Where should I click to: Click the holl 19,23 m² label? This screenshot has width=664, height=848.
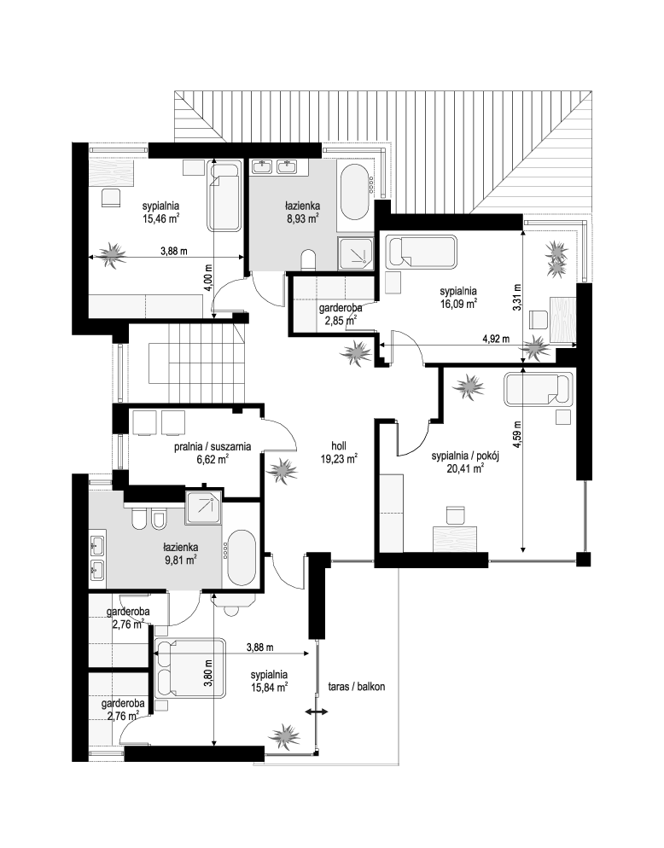(x=340, y=453)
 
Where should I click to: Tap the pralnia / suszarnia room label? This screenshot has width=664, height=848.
(x=213, y=447)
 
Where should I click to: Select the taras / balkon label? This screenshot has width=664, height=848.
(x=357, y=686)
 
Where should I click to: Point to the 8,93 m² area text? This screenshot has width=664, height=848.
(x=302, y=218)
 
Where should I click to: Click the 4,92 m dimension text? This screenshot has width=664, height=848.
(x=496, y=339)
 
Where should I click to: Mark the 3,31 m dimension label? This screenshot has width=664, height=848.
(x=517, y=297)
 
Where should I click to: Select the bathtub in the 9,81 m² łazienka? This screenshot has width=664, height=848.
(x=242, y=559)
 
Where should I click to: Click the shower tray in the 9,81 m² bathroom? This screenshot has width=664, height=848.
(x=203, y=508)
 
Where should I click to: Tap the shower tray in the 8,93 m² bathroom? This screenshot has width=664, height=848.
(x=355, y=253)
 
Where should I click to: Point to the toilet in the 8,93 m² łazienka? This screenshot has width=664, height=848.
(x=308, y=259)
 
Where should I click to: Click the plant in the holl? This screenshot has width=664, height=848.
(x=282, y=470)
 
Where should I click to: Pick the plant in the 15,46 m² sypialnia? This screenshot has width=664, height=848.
(x=113, y=254)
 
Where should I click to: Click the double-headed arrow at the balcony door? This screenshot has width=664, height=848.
(x=316, y=712)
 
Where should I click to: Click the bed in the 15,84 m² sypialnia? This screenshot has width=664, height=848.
(x=189, y=669)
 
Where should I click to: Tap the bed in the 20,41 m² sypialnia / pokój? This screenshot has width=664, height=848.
(x=538, y=389)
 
